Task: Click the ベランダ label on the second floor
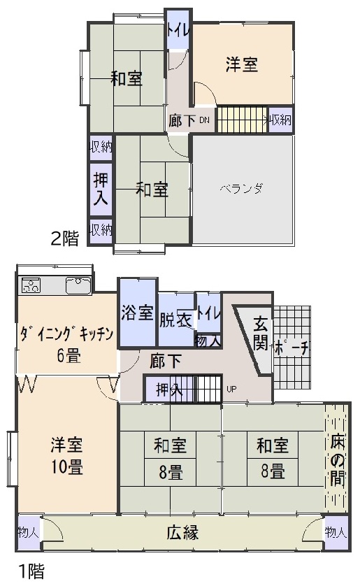[x=241, y=189]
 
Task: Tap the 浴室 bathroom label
[x=138, y=313]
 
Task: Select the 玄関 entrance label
[x=260, y=333]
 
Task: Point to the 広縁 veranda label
[x=182, y=533]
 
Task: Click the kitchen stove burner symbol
[x=31, y=285]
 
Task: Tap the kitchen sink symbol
[x=78, y=285]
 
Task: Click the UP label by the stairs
[x=231, y=389]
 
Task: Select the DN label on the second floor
[x=204, y=120]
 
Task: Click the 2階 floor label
[x=64, y=238]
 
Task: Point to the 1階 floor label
[x=31, y=571]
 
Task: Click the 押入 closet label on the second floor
[x=101, y=190]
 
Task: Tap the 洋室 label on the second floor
[x=242, y=64]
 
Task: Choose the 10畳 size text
[x=67, y=466]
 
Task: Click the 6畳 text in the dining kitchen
[x=69, y=355]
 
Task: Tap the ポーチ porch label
[x=291, y=348]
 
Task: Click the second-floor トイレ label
[x=178, y=31]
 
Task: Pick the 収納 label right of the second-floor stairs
[x=280, y=120]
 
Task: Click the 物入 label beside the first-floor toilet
[x=208, y=341]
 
